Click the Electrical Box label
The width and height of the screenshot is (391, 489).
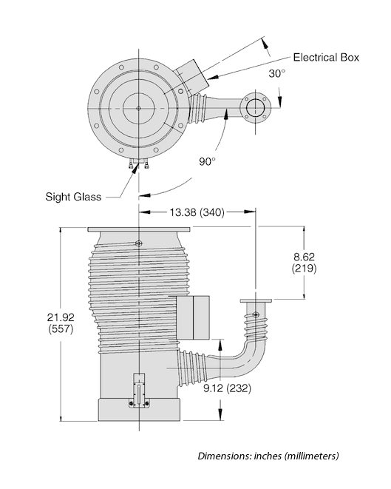tap(326, 58)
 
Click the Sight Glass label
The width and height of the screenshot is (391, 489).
tap(73, 197)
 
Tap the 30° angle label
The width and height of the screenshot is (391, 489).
tap(276, 73)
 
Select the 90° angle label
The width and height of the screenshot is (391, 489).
tap(207, 161)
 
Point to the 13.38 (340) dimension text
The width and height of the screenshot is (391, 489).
tap(197, 212)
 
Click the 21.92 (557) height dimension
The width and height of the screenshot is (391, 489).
tap(61, 323)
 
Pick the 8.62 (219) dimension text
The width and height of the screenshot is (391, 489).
tap(304, 263)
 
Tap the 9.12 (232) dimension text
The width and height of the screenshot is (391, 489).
tap(227, 388)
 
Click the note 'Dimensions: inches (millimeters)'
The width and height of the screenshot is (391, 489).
tap(268, 456)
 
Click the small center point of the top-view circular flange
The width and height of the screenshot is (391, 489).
tap(139, 108)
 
